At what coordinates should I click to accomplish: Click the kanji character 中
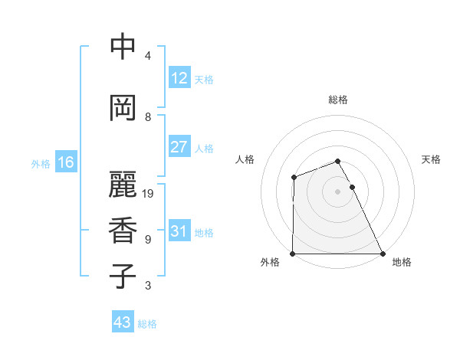123,47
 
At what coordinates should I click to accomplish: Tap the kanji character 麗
123,184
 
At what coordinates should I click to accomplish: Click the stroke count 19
148,194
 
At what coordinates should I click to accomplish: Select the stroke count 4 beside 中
148,56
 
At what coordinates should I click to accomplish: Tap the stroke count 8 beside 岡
148,117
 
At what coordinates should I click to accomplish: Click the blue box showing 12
179,78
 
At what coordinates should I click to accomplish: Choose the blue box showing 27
179,147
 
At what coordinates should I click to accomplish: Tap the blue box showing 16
65,162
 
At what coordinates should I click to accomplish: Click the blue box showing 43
122,322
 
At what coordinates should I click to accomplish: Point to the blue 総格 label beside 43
147,324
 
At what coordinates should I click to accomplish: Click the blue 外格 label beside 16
41,164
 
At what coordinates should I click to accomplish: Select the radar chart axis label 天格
432,159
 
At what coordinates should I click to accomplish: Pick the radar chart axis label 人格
245,159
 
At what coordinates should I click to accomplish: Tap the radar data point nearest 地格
382,254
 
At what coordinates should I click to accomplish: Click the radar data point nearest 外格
293,254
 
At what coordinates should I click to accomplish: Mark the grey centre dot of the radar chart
337,191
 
